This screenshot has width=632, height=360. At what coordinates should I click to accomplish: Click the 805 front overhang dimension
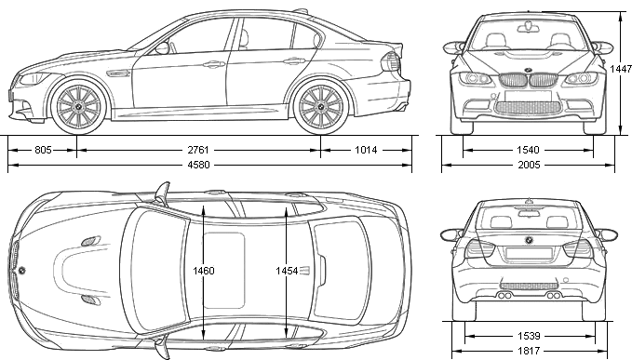pyautogui.click(x=43, y=150)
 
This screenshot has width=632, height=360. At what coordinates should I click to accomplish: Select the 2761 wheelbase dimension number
pyautogui.click(x=198, y=150)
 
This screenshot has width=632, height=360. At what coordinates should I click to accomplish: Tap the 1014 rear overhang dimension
pyautogui.click(x=366, y=150)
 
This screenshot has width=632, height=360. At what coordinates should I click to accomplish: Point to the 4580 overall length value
pyautogui.click(x=198, y=165)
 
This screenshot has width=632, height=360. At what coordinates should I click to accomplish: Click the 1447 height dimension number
pyautogui.click(x=621, y=69)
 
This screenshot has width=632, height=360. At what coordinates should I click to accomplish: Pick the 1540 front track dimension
pyautogui.click(x=528, y=150)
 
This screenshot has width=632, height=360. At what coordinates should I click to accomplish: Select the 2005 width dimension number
pyautogui.click(x=529, y=165)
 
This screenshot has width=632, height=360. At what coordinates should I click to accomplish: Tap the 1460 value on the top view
pyautogui.click(x=204, y=271)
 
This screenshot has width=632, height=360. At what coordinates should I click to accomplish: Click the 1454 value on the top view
pyautogui.click(x=287, y=271)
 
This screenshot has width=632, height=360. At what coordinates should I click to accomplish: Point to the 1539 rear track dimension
pyautogui.click(x=529, y=336)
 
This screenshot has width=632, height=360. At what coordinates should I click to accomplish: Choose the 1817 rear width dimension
pyautogui.click(x=529, y=352)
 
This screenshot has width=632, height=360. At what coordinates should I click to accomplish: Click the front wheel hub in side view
pyautogui.click(x=78, y=107)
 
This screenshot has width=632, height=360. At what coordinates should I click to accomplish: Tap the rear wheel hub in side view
pyautogui.click(x=321, y=107)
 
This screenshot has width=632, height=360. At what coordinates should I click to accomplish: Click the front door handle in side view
pyautogui.click(x=214, y=63)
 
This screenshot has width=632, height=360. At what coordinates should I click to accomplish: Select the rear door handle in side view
pyautogui.click(x=294, y=61)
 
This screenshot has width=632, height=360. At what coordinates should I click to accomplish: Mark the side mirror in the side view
pyautogui.click(x=163, y=48)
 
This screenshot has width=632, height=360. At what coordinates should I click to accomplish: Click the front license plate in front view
pyautogui.click(x=528, y=96)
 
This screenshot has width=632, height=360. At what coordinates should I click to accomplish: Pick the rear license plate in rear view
pyautogui.click(x=529, y=252)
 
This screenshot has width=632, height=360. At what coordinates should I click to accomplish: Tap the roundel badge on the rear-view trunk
pyautogui.click(x=529, y=240)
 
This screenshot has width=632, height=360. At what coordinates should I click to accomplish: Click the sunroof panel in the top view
pyautogui.click(x=224, y=270)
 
